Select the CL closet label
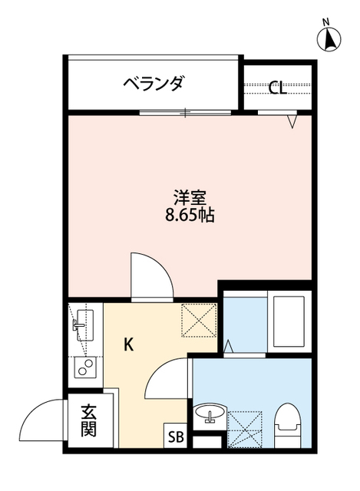click(x=277, y=87)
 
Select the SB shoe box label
click(x=176, y=438)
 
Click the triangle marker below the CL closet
click(x=292, y=120)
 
